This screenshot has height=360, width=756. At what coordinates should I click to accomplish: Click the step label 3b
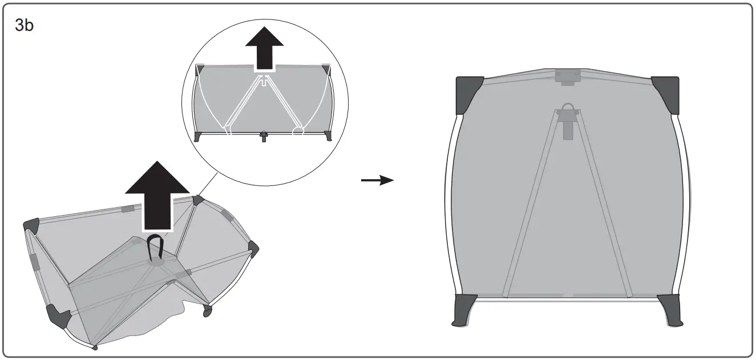(23, 26)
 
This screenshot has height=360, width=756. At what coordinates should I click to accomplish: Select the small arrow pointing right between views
(378, 180)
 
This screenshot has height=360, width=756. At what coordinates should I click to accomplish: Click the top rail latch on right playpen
(567, 77)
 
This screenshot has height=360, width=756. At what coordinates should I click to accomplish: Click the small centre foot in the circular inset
(264, 137)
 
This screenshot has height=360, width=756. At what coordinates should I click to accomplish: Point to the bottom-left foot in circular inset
(198, 136)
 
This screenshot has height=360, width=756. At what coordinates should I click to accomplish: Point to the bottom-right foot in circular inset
(328, 136)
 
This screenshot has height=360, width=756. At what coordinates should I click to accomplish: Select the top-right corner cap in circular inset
(326, 70)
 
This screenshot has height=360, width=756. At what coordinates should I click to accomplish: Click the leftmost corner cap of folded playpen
(31, 225)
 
